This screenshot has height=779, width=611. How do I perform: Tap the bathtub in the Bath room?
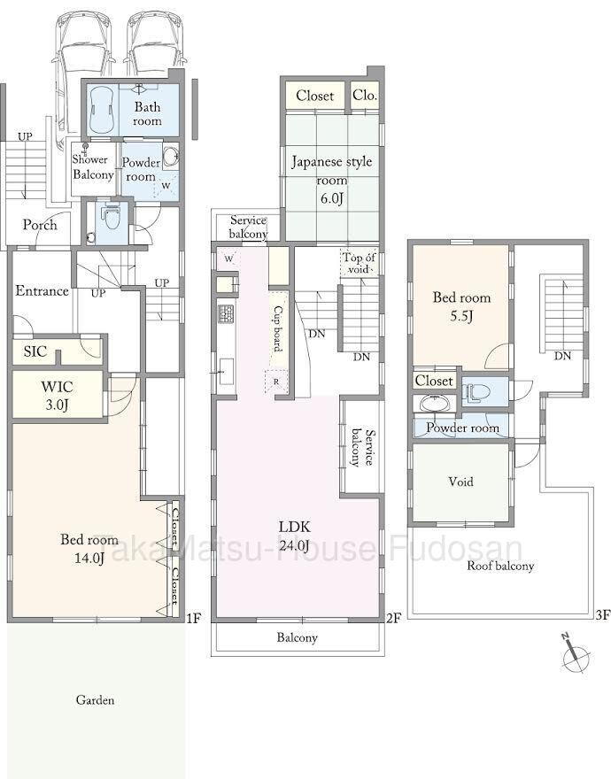(103, 110)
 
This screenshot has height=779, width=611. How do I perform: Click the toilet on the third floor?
(476, 392)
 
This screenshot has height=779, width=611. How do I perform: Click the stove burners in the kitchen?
(226, 313)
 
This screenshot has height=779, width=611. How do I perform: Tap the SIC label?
(35, 351)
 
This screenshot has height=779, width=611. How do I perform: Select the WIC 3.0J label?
(58, 396)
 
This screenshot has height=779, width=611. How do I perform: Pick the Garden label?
(95, 700)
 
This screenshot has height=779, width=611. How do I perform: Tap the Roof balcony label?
(500, 566)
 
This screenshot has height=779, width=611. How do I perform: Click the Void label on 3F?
(460, 482)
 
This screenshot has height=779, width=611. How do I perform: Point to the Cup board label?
(278, 328)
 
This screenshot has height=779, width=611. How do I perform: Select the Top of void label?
(359, 263)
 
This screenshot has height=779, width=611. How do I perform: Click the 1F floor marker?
(193, 618)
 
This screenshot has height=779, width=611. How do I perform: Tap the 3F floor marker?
(602, 615)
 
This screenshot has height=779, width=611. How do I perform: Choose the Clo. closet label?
(365, 95)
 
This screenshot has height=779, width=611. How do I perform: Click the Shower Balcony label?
(93, 167)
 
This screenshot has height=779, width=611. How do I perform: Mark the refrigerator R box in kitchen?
(276, 382)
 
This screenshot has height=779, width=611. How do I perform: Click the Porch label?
(40, 225)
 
